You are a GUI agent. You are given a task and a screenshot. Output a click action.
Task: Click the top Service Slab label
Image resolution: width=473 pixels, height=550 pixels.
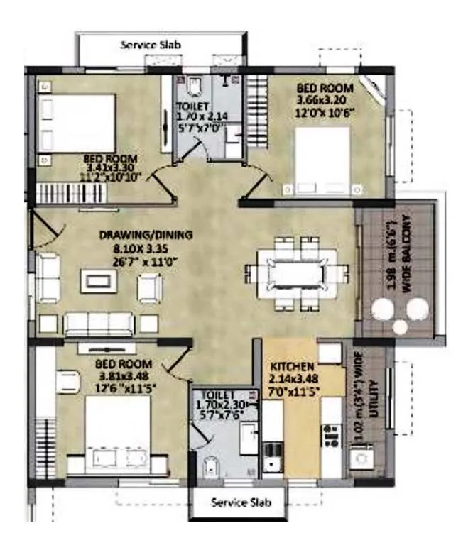pyautogui.click(x=151, y=45)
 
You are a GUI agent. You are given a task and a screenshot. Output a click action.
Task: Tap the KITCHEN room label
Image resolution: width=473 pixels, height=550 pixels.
pyautogui.click(x=292, y=366)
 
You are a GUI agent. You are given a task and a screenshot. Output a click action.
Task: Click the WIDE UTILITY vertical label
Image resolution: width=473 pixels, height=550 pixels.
pyautogui.click(x=369, y=401)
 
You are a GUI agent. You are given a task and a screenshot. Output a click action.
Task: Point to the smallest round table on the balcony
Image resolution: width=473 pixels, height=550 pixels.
pyautogui.click(x=399, y=326)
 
